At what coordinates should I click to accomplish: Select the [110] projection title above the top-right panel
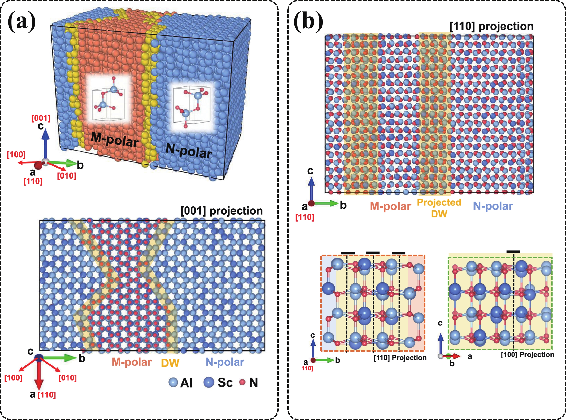491,26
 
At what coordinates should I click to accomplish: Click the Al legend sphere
173,382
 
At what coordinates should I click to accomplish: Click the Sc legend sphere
208,382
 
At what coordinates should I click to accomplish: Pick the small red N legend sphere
243,382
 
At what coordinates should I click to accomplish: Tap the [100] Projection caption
527,355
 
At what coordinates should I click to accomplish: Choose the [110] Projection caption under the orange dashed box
400,358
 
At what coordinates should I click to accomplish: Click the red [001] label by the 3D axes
41,118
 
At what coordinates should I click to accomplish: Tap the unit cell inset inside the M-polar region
109,101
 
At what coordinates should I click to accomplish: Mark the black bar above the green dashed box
513,252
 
